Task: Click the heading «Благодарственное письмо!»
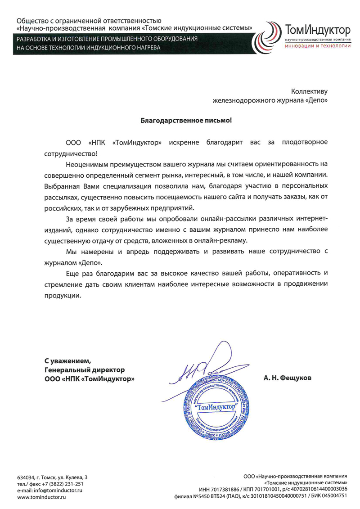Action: tap(186, 120)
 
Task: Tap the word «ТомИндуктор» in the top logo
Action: tap(318, 31)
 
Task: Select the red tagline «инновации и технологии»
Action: tap(318, 45)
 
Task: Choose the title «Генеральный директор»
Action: tap(84, 369)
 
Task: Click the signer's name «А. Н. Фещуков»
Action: tap(288, 378)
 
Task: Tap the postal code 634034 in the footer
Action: tap(26, 477)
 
